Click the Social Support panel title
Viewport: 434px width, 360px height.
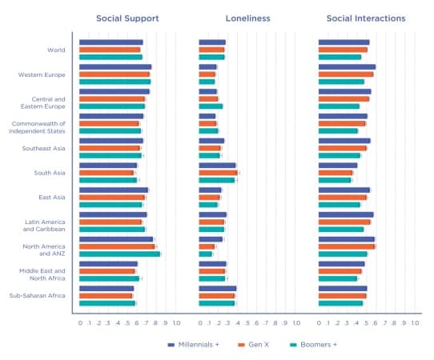[x=127, y=18]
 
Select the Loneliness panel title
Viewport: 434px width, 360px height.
[x=247, y=18]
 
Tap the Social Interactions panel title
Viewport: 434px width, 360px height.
[x=366, y=18]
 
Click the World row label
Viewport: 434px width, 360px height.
[x=56, y=50]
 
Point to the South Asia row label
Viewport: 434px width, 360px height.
[x=50, y=173]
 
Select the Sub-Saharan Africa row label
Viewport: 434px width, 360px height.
[x=38, y=295]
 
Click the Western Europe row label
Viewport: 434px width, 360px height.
[x=42, y=74]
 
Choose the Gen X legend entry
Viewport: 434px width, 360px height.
[x=254, y=344]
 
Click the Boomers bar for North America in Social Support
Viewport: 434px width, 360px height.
[x=119, y=254]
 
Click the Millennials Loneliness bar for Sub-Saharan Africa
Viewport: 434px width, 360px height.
[x=217, y=288]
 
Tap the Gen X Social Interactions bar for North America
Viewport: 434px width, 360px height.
[x=347, y=246]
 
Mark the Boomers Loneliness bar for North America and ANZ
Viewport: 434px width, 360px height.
[x=206, y=254]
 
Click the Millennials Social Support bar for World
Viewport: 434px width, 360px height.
[x=111, y=42]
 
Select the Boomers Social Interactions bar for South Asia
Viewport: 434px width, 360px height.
[x=335, y=180]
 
